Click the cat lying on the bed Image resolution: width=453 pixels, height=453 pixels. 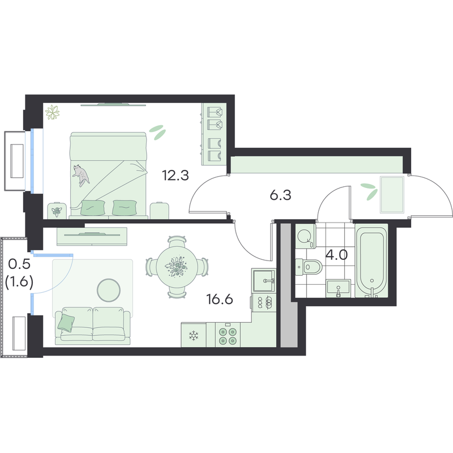(80, 175)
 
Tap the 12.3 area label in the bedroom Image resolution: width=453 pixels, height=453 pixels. (175, 176)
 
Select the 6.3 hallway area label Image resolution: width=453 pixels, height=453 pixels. (280, 195)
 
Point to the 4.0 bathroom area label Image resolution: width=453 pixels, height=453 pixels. (336, 255)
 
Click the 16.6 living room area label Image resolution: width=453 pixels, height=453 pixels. (220, 300)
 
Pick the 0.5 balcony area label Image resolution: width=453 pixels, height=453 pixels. (19, 263)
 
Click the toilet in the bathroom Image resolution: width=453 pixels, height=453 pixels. (309, 266)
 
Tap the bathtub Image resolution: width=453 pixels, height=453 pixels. (371, 262)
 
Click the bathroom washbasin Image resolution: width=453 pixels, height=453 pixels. (338, 288)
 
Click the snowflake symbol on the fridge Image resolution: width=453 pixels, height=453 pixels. (194, 336)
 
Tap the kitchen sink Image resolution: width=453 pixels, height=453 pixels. (263, 280)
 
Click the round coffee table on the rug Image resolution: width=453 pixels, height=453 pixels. (109, 290)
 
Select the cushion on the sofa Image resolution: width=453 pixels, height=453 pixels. (66, 322)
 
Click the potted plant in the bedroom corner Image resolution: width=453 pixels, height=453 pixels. (52, 112)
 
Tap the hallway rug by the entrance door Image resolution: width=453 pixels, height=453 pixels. (392, 195)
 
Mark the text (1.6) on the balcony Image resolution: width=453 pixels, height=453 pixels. (19, 281)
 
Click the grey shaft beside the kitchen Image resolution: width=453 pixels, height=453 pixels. (289, 285)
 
